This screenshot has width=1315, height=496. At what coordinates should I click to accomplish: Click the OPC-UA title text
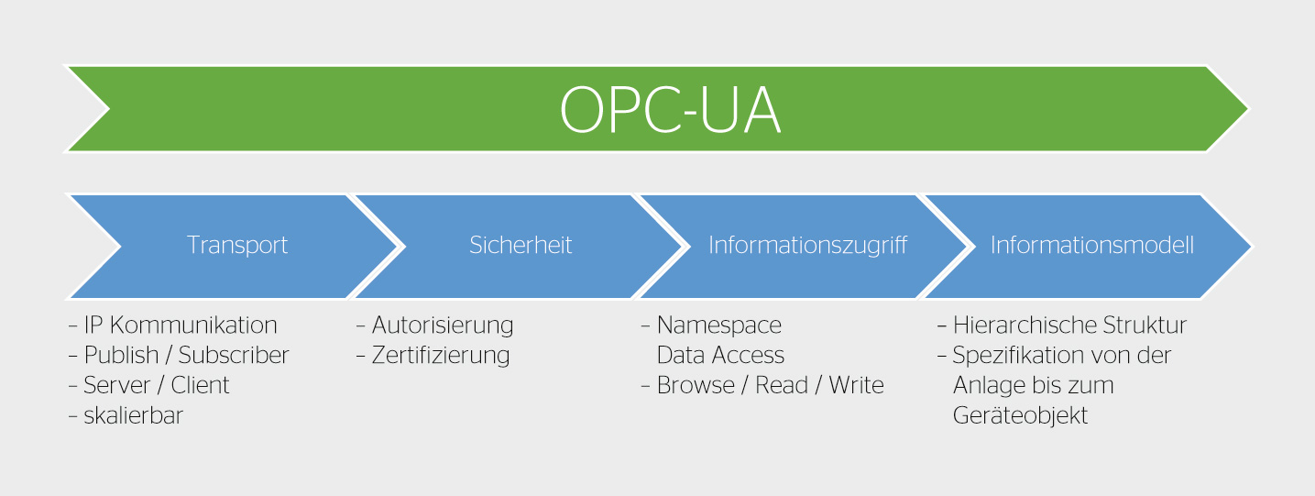tap(670, 110)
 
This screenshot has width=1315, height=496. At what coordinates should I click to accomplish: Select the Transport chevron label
tap(237, 245)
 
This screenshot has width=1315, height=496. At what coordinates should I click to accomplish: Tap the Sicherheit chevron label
tap(521, 245)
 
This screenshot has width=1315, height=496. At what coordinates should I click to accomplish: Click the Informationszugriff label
tap(808, 246)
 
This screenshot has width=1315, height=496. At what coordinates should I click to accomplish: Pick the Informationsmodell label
tap(1092, 245)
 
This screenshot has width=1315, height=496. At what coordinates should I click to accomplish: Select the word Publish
tap(122, 356)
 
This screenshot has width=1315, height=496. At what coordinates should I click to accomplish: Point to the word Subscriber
tap(234, 355)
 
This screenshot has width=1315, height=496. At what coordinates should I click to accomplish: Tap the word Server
tap(117, 385)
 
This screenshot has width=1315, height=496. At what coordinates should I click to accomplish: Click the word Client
tap(200, 385)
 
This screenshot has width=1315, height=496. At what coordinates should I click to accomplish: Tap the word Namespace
tap(719, 325)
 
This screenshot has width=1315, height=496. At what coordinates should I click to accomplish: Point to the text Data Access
tap(720, 355)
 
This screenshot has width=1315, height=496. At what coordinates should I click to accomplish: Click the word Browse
tap(696, 385)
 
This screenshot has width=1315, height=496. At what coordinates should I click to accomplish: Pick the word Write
tap(856, 385)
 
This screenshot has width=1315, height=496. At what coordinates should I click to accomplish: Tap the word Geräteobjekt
tap(1020, 416)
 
